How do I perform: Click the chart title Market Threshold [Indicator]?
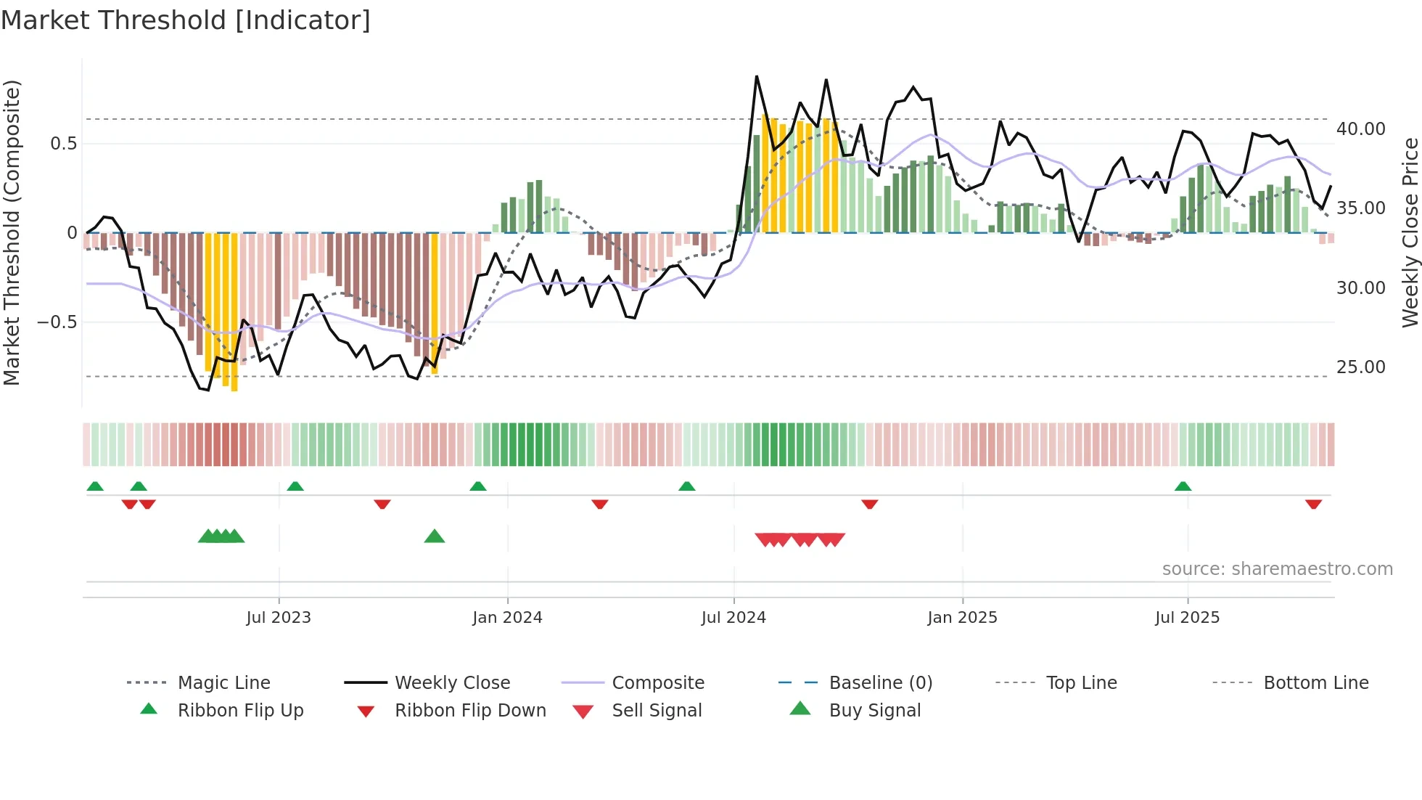[186, 20]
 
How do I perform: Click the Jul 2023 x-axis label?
[279, 618]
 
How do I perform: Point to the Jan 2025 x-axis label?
[962, 618]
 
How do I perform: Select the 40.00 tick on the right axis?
[1360, 129]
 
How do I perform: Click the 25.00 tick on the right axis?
[1360, 367]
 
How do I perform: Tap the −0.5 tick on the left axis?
[57, 322]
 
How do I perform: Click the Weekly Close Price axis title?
[1410, 232]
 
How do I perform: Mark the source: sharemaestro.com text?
[1277, 569]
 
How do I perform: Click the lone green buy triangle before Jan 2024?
[434, 537]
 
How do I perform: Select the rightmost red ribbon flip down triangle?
[1313, 504]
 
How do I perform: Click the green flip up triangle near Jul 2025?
[1183, 486]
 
